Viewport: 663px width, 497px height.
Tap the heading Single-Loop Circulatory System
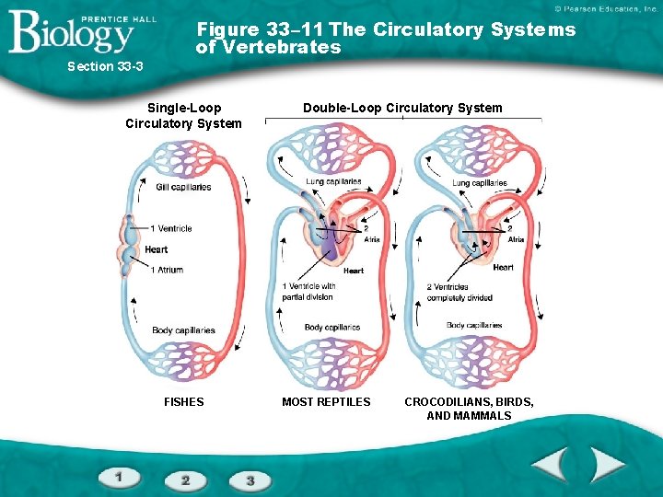coord(183,116)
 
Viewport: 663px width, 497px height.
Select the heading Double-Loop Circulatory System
coord(402,108)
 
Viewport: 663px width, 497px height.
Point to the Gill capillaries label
coord(183,188)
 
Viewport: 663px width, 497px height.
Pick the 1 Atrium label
coord(167,270)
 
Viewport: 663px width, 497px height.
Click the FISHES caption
coord(183,401)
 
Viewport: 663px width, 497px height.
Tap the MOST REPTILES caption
coord(326,401)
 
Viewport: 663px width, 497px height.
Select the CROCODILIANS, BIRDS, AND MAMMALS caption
coord(469,409)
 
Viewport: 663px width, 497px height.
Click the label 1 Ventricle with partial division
coord(308,292)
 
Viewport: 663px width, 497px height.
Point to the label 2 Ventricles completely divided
coord(459,292)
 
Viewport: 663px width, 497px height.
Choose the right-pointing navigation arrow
coord(608,463)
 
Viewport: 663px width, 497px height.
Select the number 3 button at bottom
coord(250,480)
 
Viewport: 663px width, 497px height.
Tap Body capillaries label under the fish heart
coord(183,330)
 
